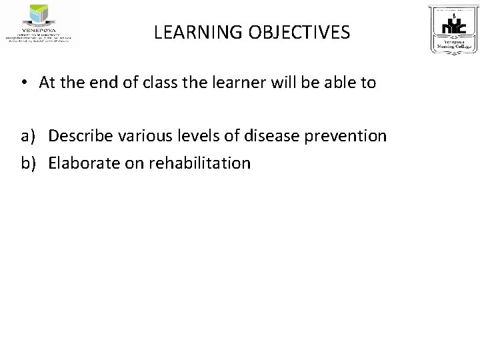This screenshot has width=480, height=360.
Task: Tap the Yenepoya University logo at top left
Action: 40,25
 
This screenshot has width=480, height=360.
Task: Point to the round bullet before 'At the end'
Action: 23,83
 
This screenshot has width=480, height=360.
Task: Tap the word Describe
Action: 79,137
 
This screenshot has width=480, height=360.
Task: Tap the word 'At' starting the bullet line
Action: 47,83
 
